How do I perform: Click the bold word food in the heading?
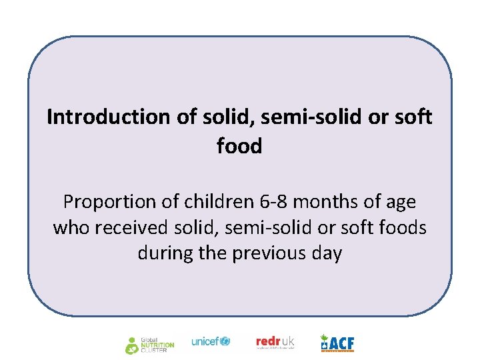pos(239,145)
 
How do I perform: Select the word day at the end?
pos(327,253)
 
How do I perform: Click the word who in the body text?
pos(71,227)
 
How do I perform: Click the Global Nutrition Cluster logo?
pos(150,344)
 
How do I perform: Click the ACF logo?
pos(337,343)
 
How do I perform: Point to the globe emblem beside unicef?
pos(225,341)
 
